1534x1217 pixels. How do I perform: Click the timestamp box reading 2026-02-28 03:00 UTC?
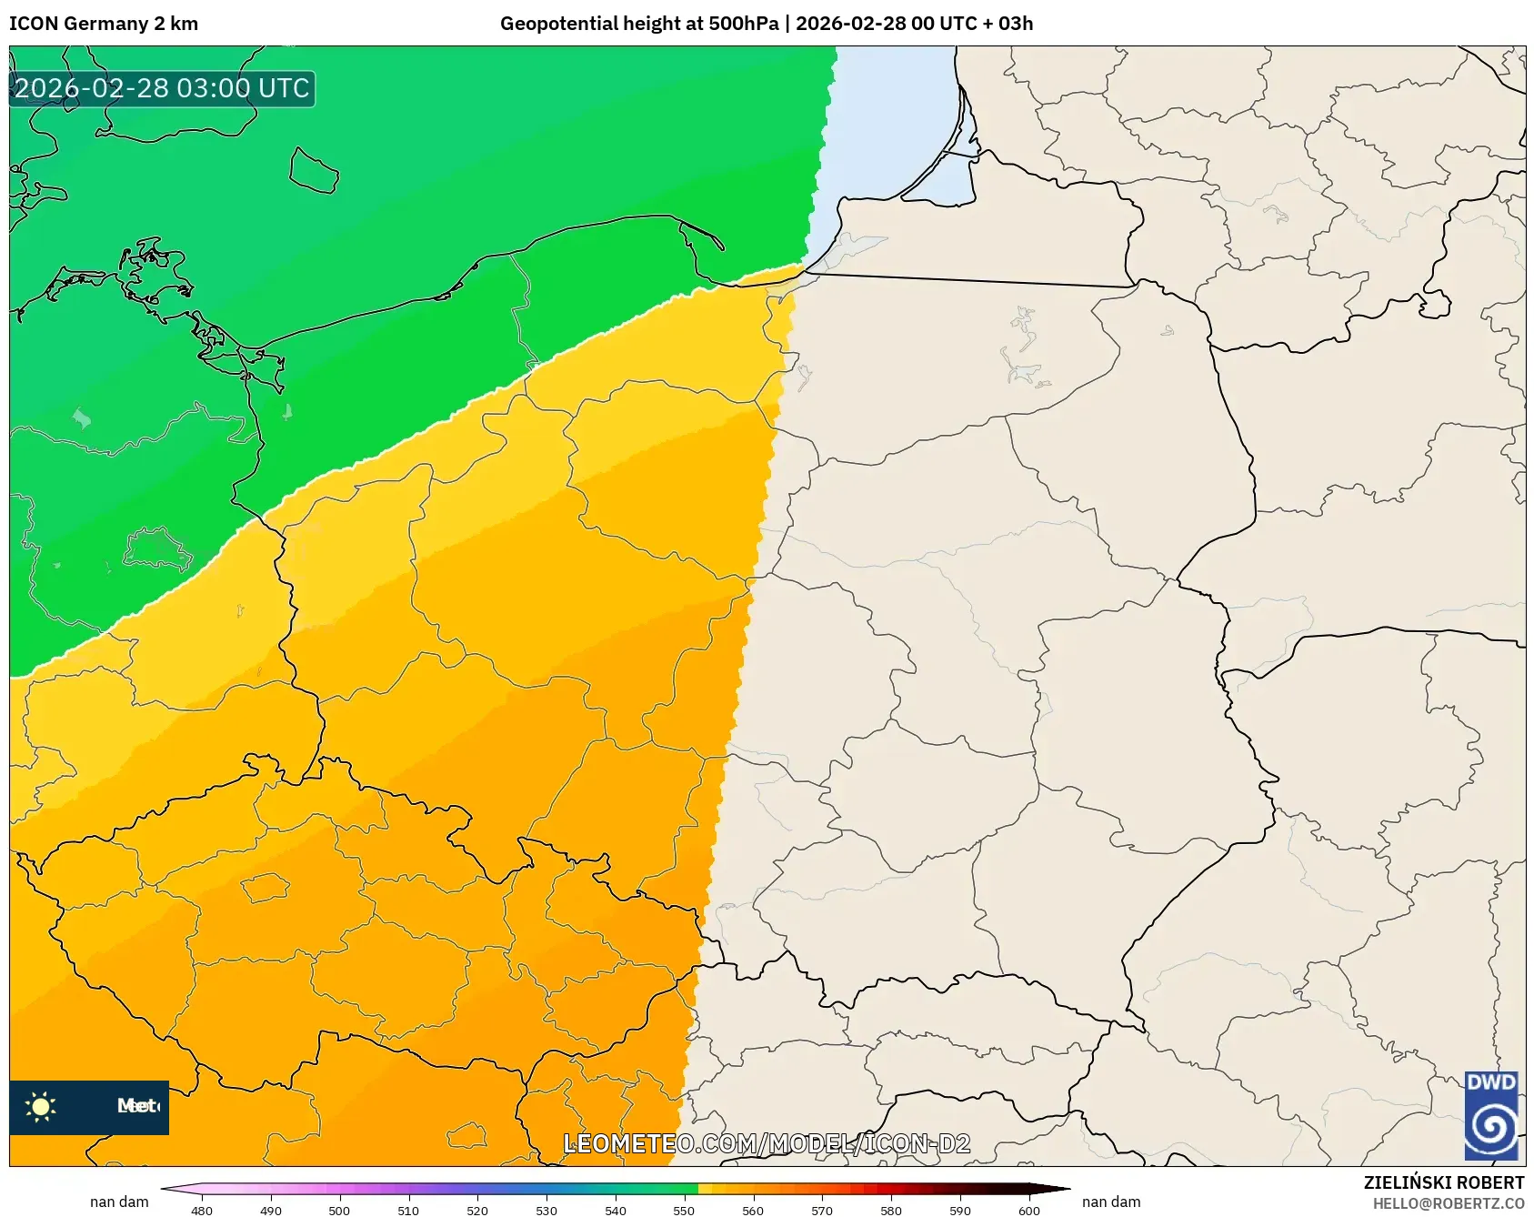162,88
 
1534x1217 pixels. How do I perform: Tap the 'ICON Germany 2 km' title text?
104,24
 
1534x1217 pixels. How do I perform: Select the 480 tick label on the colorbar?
202,1211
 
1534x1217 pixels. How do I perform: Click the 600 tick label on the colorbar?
1028,1211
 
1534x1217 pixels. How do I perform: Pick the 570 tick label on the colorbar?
822,1211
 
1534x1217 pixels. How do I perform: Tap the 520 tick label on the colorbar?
477,1211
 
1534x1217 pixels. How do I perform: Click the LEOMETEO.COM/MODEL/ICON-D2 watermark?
767,1143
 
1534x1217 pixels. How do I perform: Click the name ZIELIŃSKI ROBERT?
1443,1182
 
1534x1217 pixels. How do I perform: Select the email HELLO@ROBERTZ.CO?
1448,1203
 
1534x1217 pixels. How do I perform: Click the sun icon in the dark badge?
41,1106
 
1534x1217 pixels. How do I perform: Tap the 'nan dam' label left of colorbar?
119,1202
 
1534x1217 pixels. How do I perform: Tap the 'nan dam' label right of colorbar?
1111,1202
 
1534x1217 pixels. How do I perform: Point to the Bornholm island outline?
314,171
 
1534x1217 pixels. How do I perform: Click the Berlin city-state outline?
156,549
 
